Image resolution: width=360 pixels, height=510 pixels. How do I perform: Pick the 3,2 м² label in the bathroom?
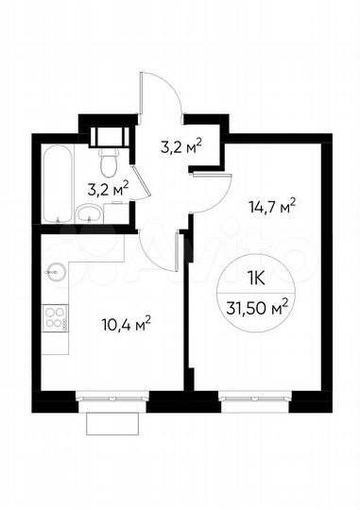click(107, 188)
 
